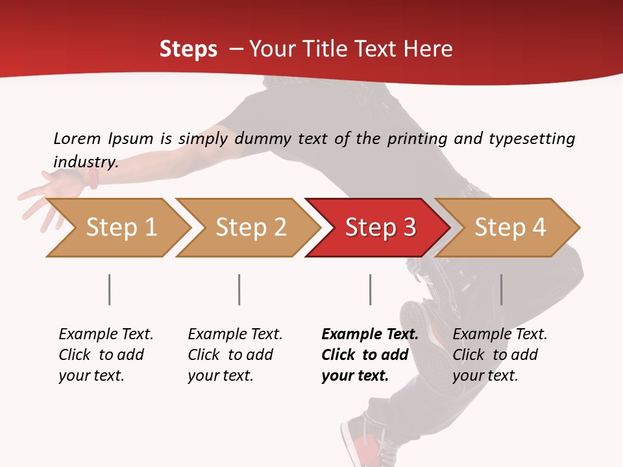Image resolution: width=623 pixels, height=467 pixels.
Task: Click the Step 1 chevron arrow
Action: [120, 228]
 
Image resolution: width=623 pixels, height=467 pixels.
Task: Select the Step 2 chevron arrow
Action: [250, 228]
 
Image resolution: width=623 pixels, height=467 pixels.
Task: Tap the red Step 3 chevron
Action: [380, 228]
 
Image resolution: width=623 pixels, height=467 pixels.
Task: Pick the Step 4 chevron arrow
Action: [509, 228]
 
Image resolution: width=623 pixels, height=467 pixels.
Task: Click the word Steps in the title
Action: [188, 49]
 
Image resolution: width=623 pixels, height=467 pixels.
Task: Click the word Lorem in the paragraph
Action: [77, 138]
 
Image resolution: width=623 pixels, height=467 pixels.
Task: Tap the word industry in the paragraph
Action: [85, 162]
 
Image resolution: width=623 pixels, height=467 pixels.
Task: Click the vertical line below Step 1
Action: [109, 289]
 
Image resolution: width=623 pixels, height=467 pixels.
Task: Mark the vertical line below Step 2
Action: [239, 289]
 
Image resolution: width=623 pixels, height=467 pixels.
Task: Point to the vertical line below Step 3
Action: [370, 289]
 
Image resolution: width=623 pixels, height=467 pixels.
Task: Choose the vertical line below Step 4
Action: [501, 289]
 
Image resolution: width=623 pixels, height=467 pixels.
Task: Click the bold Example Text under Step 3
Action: [370, 335]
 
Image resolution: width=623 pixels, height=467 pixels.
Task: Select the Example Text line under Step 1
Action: [106, 335]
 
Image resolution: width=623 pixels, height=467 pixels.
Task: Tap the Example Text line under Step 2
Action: [235, 335]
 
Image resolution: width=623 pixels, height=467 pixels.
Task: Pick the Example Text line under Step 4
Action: [500, 335]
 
